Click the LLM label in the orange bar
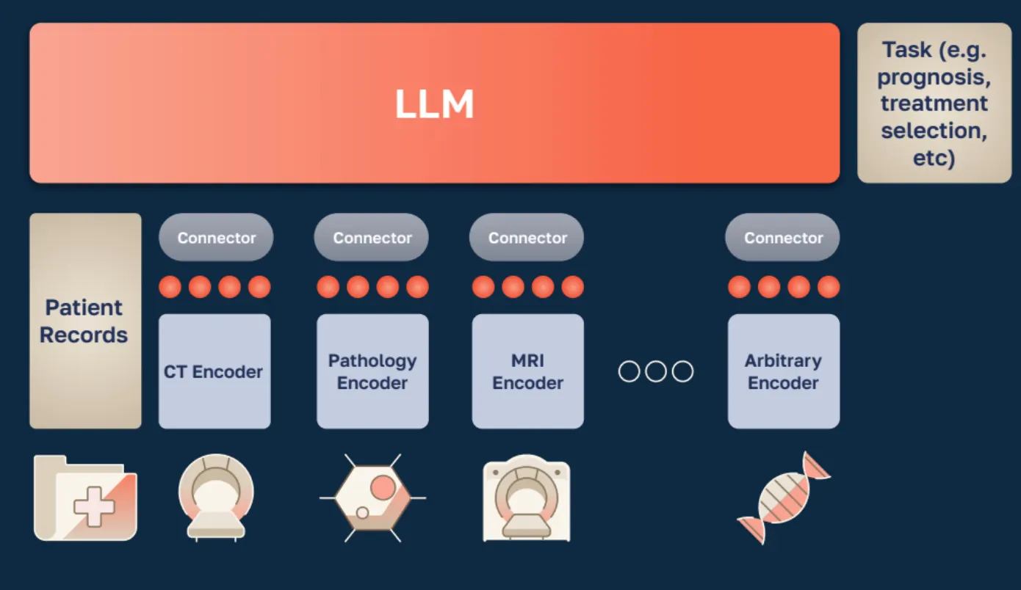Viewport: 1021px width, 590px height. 434,104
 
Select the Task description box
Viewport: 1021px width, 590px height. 934,103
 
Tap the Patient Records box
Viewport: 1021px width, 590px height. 85,321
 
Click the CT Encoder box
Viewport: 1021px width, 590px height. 214,371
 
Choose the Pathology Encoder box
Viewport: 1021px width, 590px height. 372,371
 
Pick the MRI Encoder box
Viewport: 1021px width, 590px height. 527,371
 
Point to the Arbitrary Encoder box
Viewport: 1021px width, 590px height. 783,371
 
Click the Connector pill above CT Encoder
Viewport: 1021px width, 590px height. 216,238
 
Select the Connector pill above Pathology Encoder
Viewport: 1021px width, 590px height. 372,238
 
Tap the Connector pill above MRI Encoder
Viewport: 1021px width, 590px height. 527,238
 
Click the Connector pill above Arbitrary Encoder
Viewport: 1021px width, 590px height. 783,238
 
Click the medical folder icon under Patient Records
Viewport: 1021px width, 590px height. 85,498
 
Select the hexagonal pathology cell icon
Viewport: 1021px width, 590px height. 372,497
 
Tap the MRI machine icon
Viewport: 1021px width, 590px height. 527,498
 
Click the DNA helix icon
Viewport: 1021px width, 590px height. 783,498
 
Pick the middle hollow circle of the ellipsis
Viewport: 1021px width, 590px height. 656,371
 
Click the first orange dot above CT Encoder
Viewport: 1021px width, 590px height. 170,286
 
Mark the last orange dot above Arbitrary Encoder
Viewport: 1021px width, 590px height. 829,286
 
